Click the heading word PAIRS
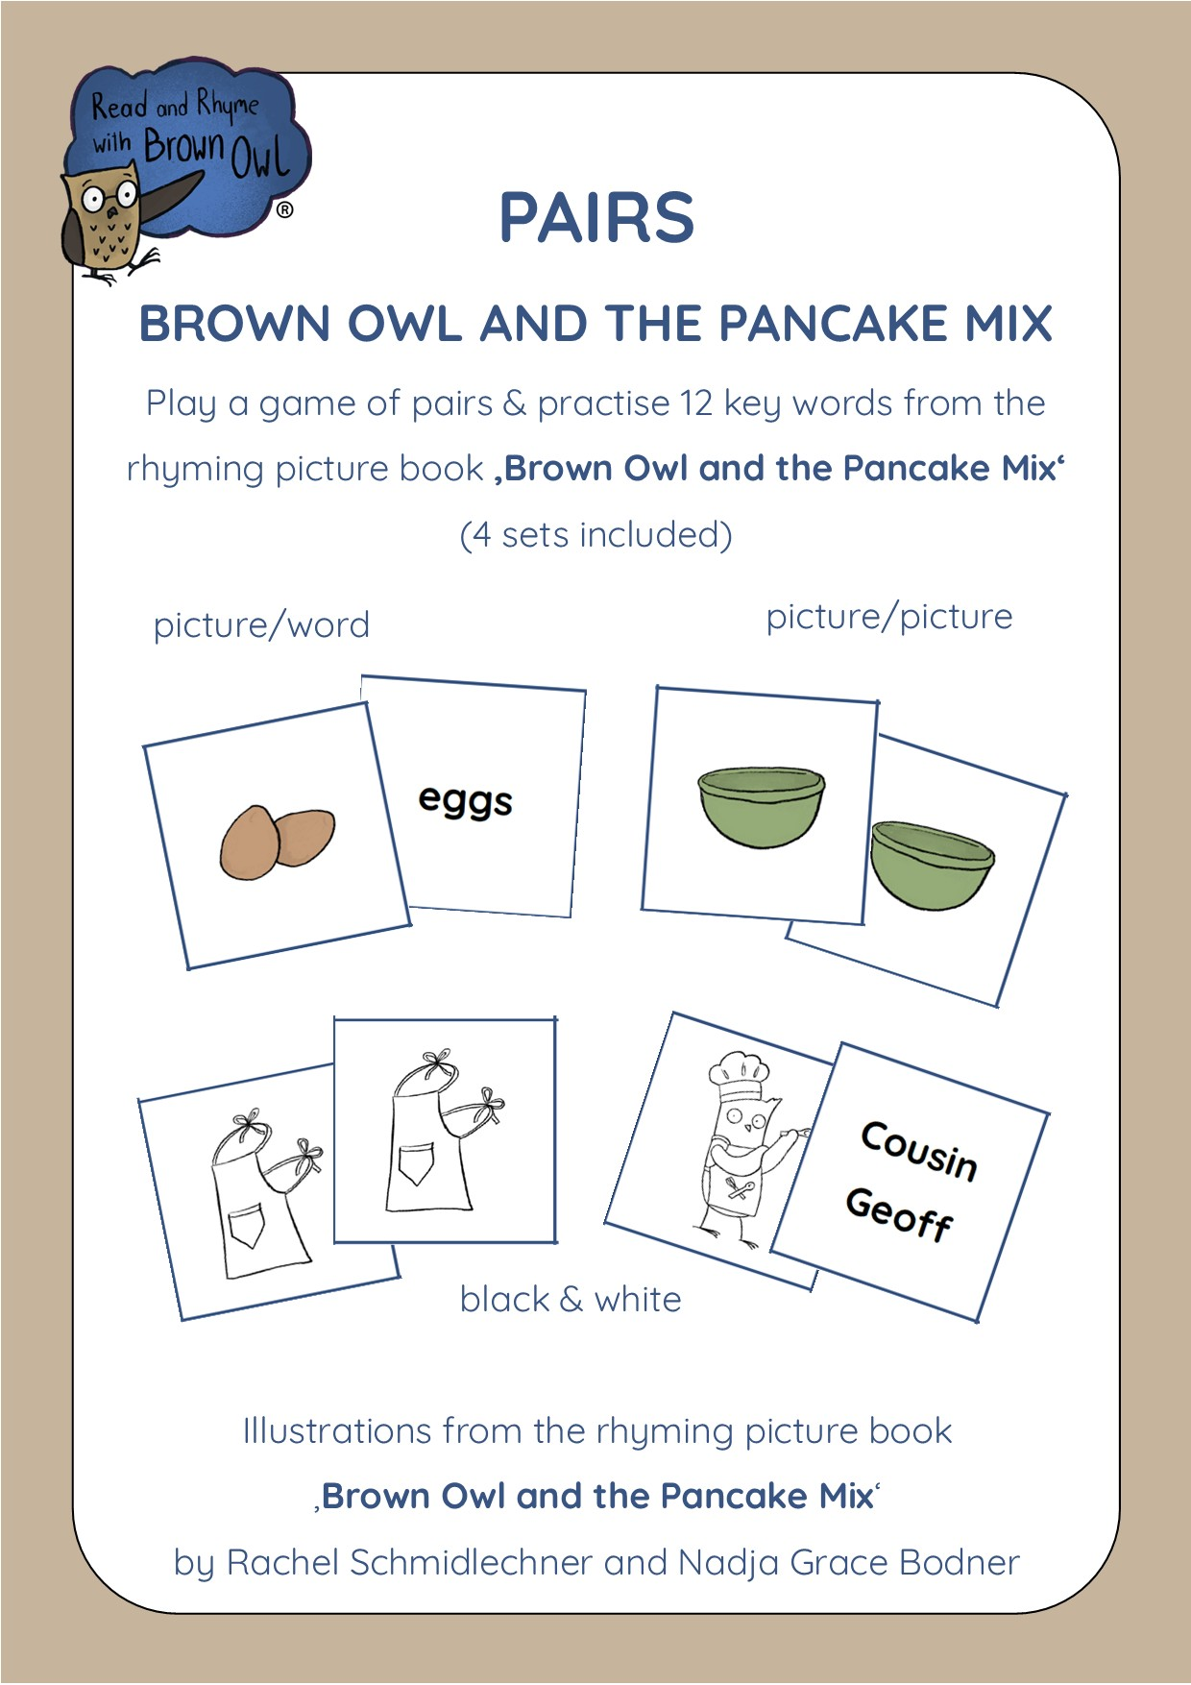point(596,217)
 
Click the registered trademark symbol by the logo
point(285,209)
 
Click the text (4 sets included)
point(596,534)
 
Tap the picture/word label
point(261,625)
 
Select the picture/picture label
point(889,617)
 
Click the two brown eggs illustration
point(277,842)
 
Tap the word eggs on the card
point(466,800)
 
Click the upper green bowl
point(762,807)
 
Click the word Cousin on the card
point(919,1151)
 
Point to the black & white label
point(571,1300)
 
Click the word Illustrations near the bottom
point(336,1431)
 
